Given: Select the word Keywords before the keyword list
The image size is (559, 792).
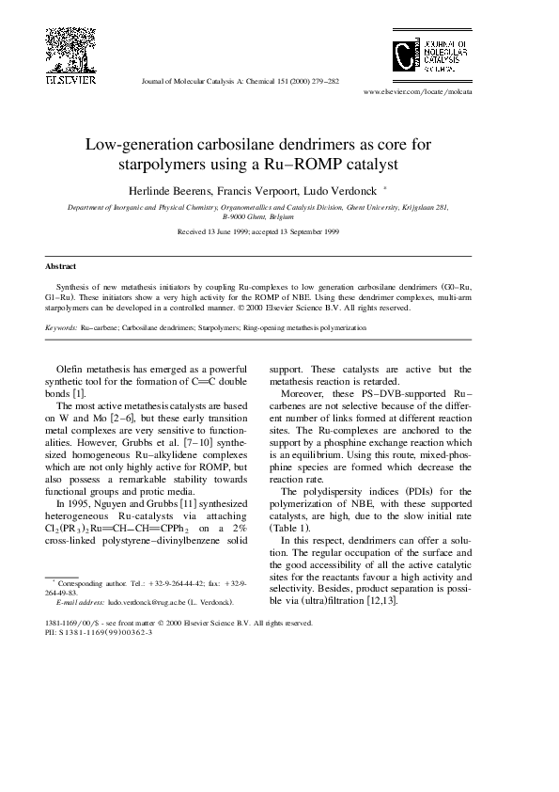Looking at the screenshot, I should pyautogui.click(x=62, y=328).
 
